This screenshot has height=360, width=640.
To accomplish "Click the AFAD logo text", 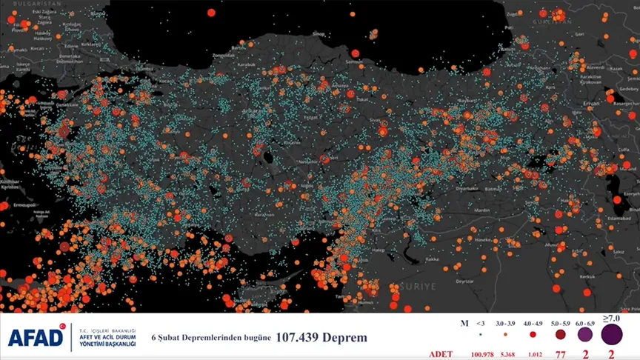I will click(36, 338).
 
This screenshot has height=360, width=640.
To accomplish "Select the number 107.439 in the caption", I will click(301, 338).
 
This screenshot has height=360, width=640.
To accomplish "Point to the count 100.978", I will click(482, 355).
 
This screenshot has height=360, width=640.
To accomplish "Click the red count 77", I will click(560, 355).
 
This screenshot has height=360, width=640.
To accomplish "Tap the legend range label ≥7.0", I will click(611, 319).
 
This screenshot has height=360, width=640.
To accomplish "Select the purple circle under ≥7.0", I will click(612, 335).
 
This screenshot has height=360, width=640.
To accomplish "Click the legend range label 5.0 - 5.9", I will click(560, 324).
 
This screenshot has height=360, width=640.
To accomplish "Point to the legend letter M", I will click(464, 324).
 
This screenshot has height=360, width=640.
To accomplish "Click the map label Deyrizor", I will click(464, 281).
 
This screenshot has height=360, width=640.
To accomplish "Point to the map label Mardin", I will click(482, 210).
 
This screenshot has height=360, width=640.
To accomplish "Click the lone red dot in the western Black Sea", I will click(210, 13).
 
